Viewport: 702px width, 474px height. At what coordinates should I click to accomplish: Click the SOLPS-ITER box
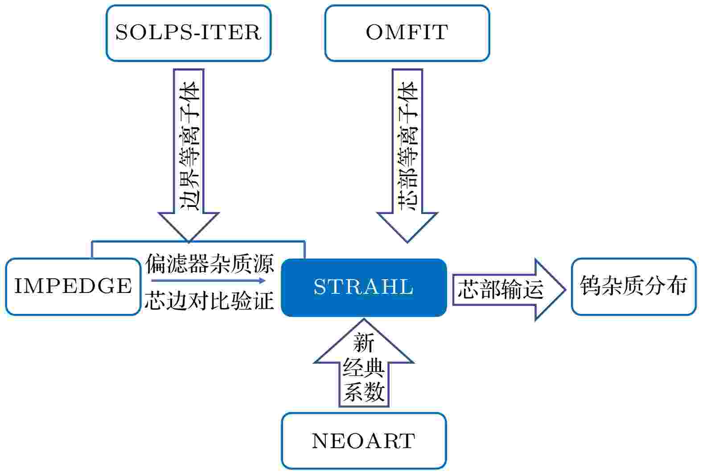pos(189,33)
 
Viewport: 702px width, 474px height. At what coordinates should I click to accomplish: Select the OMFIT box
pos(407,33)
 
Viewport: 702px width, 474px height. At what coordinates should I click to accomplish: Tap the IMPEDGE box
pos(74,287)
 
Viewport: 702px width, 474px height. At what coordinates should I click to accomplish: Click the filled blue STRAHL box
pos(364,288)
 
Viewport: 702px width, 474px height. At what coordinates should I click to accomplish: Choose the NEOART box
pos(364,441)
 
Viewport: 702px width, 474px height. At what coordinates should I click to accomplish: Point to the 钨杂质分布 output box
pos(634,287)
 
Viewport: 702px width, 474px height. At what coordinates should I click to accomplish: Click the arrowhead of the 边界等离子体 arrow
pos(189,227)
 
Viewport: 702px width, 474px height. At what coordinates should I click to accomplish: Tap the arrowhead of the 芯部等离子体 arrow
pos(407,227)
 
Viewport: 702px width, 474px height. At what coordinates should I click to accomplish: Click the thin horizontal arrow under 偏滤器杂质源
pos(209,280)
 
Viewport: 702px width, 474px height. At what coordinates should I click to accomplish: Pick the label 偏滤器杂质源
pos(209,264)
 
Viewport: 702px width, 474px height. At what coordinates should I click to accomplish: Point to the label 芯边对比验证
pos(209,301)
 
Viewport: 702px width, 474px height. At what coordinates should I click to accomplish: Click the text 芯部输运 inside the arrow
pos(501,289)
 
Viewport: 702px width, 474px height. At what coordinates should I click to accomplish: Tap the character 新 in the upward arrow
pos(364,343)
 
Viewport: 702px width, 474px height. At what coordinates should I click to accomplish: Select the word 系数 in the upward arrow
pos(364,392)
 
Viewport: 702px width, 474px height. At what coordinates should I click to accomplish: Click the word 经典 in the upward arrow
pos(364,368)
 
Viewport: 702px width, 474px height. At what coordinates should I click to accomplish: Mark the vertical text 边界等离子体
pos(189,146)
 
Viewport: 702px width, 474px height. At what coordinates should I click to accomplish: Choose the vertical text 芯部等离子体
pos(408,146)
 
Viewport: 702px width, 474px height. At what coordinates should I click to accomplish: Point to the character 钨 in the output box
pos(591,285)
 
